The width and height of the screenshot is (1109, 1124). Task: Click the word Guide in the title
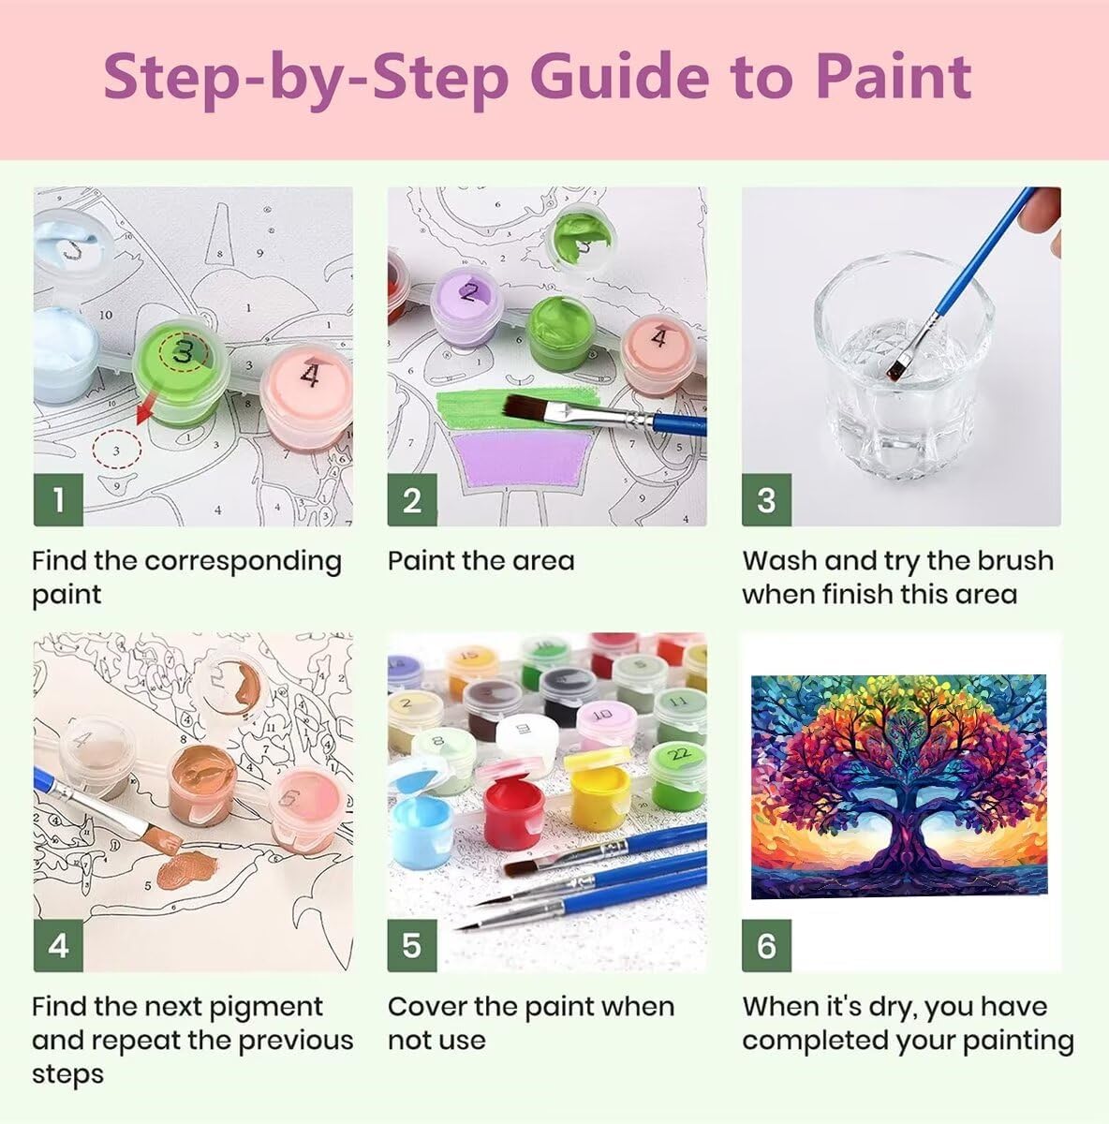coord(619,77)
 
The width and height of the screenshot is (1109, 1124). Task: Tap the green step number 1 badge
coord(58,500)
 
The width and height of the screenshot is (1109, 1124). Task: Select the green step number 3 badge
coord(766,500)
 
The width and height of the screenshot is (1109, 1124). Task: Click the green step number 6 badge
coord(766,945)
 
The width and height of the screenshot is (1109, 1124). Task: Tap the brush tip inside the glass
coord(895,369)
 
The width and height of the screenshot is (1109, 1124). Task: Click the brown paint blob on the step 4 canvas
coord(185,869)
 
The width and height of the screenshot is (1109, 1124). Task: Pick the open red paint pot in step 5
coord(513,812)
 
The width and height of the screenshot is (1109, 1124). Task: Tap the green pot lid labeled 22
coord(678,756)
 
